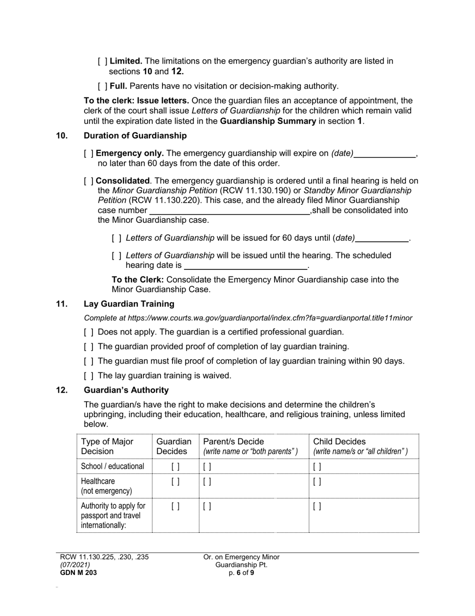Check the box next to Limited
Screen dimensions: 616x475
click(x=102, y=61)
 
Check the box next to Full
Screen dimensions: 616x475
click(x=102, y=86)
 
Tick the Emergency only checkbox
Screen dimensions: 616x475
click(x=88, y=154)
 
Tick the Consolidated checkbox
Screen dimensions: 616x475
click(x=88, y=181)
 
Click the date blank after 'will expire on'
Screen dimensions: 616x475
click(x=384, y=154)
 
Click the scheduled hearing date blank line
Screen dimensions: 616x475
click(x=245, y=265)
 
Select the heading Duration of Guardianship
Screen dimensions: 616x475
click(x=135, y=136)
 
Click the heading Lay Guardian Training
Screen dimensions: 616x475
click(x=129, y=304)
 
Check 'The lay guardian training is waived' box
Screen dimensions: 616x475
click(x=88, y=376)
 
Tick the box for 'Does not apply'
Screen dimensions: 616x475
click(x=88, y=332)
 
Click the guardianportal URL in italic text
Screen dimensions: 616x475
click(x=270, y=318)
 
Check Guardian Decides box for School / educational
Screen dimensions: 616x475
click(x=175, y=466)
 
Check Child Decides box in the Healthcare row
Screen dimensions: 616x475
click(x=317, y=482)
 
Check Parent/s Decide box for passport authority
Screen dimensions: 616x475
click(x=207, y=506)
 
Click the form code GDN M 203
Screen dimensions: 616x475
click(x=78, y=573)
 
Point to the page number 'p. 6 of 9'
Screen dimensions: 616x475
click(x=241, y=573)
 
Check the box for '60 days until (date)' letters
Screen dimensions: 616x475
click(x=116, y=238)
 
